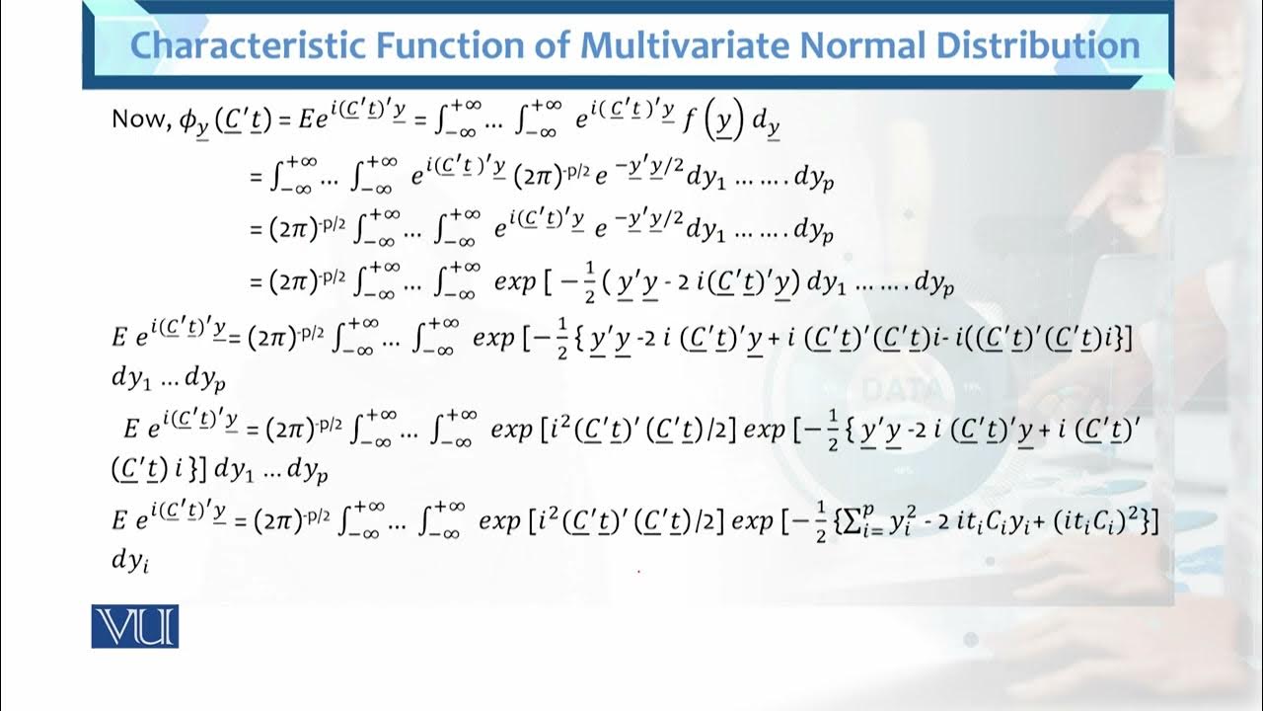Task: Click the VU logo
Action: point(135,626)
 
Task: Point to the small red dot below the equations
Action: point(638,571)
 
